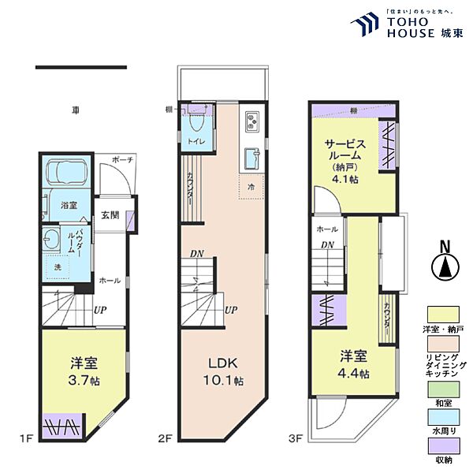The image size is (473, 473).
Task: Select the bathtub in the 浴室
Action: pyautogui.click(x=68, y=172)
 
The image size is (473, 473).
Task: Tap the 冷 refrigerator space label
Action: pyautogui.click(x=251, y=188)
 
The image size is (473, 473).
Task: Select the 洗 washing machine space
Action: pyautogui.click(x=58, y=268)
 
